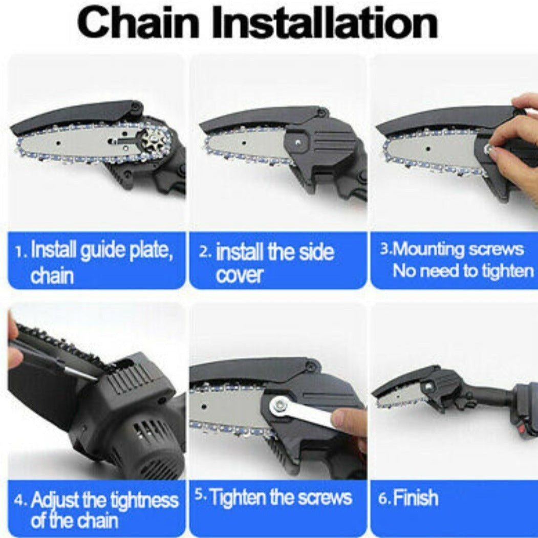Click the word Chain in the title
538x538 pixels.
coord(138,23)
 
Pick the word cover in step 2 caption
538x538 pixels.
coord(239,275)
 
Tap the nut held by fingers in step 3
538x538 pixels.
coord(489,148)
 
